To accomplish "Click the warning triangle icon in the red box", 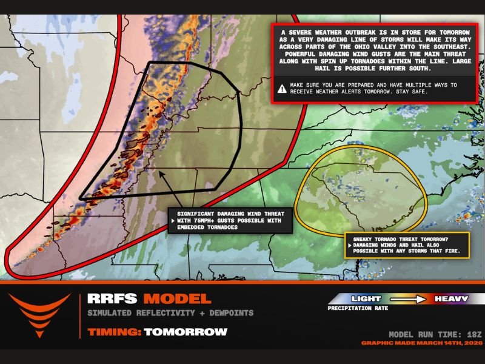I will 282,89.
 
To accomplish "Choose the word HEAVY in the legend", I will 450,298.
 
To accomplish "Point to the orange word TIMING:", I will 114,332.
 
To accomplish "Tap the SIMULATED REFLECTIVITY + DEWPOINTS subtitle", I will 170,313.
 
